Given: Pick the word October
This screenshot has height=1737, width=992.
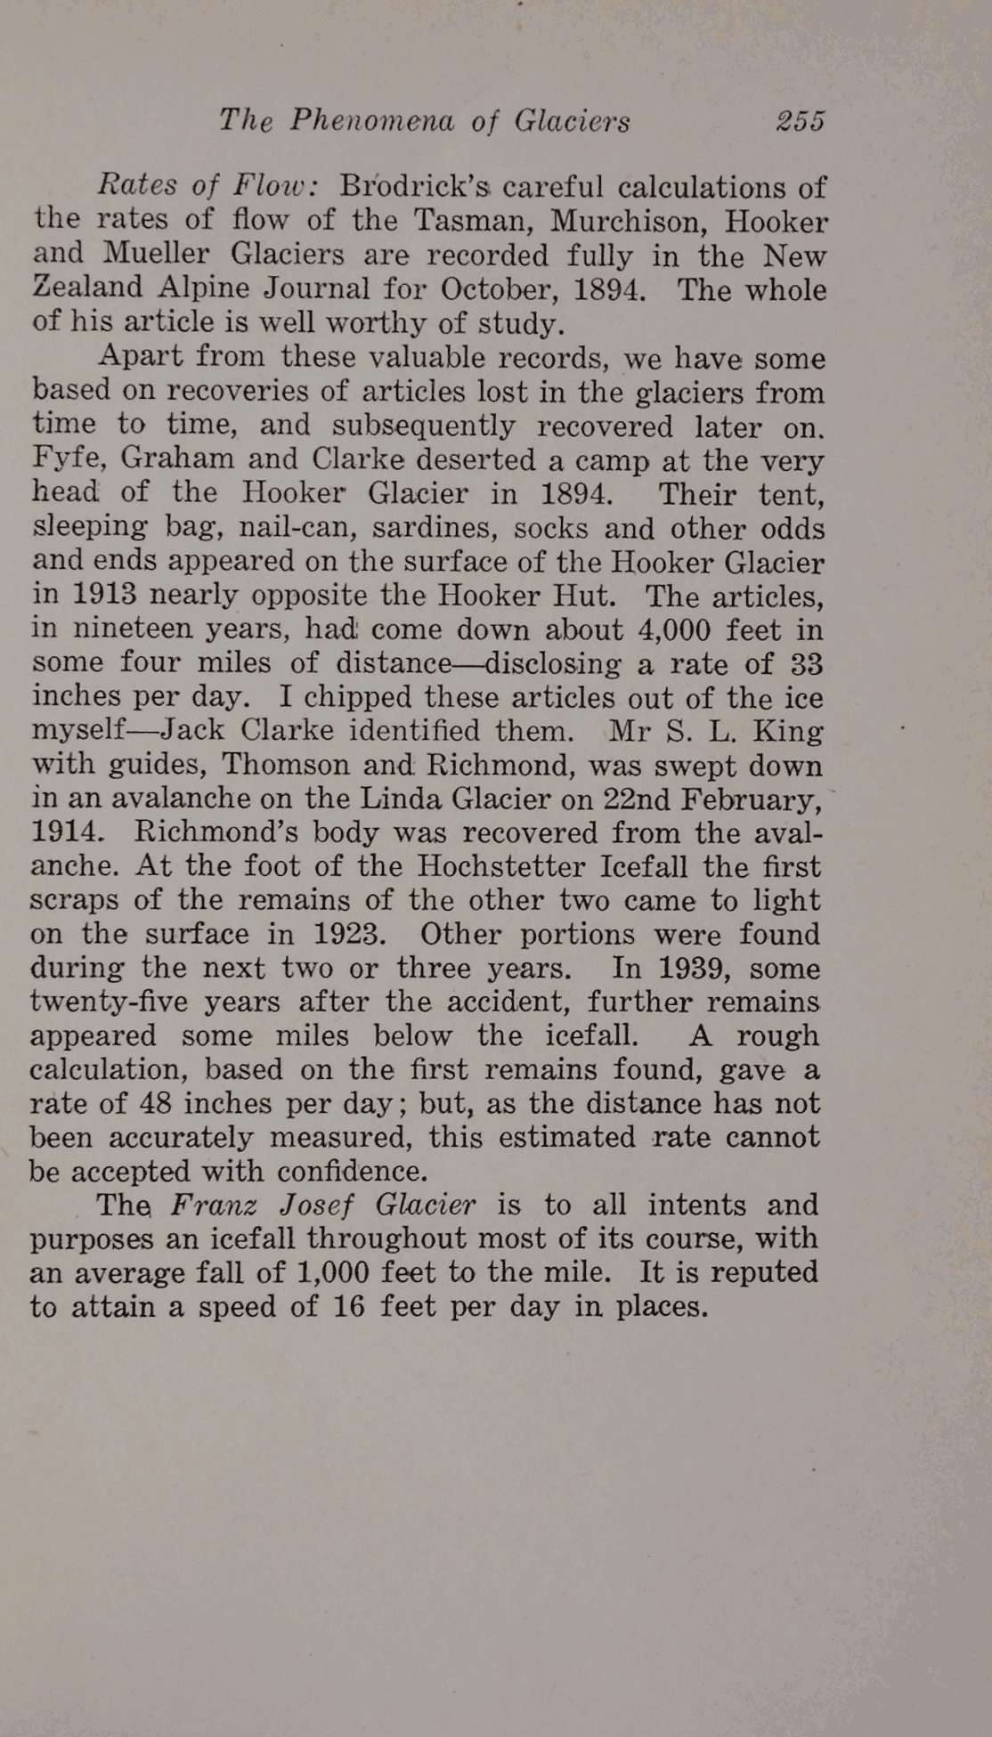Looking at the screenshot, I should tap(498, 288).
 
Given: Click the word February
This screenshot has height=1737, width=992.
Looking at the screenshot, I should tap(750, 799).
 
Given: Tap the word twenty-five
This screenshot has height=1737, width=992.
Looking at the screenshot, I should tap(110, 1002).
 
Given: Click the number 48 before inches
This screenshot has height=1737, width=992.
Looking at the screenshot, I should tap(157, 1103).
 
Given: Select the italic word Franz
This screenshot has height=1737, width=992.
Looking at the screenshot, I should tap(215, 1205).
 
